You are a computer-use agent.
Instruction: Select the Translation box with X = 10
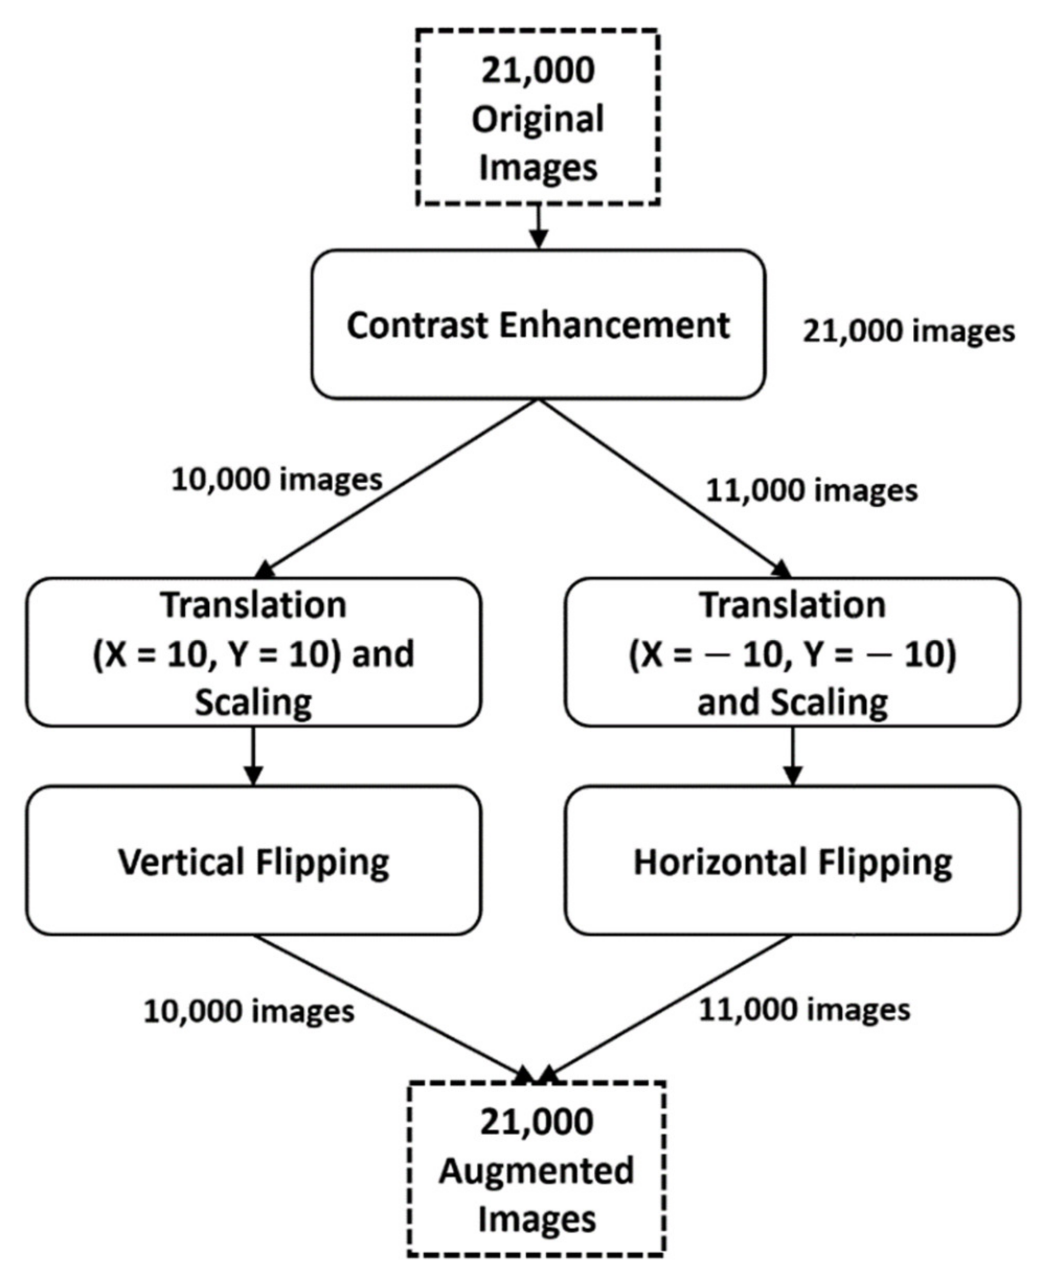point(253,652)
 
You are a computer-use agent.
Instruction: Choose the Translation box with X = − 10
point(792,652)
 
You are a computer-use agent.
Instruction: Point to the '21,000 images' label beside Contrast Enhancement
point(909,331)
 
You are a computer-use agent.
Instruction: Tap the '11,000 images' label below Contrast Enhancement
point(811,490)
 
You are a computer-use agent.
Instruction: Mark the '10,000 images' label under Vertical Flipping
point(248,1011)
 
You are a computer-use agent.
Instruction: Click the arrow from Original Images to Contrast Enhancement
point(538,227)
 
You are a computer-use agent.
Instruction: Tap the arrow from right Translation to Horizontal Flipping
point(793,755)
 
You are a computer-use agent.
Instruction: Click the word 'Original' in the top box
point(538,119)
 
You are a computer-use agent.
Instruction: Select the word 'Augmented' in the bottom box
point(536,1171)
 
